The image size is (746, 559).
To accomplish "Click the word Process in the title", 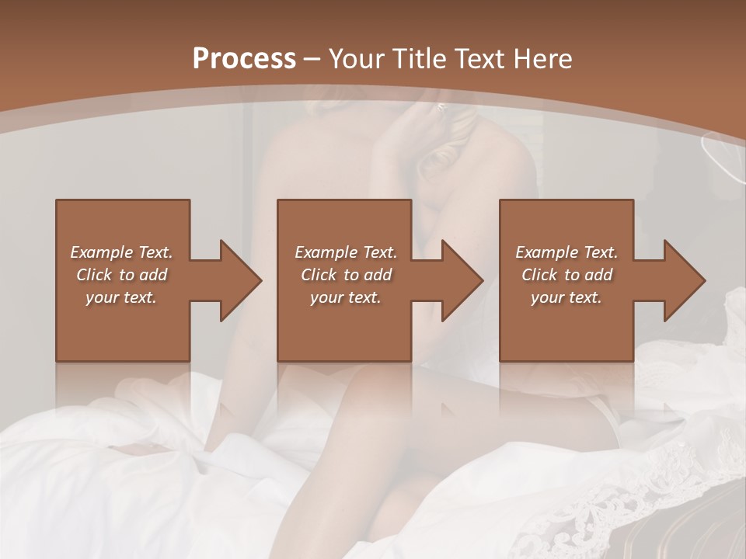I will [244, 58].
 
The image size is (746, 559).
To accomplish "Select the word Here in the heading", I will [542, 58].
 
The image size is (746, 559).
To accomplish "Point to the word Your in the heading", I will [358, 58].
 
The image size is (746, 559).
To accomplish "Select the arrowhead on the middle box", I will [462, 280].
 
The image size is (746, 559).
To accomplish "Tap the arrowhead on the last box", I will [684, 280].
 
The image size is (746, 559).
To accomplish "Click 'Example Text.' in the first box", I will [121, 252].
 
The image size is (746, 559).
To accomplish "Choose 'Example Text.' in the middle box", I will [346, 252].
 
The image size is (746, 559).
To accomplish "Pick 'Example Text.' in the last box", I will [566, 252].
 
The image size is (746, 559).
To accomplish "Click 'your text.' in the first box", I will [121, 297].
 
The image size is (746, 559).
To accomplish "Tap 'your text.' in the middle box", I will [346, 297].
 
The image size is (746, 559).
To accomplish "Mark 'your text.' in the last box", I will [566, 297].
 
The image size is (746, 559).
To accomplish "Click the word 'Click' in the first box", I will [94, 275].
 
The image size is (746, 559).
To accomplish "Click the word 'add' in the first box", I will [153, 275].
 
